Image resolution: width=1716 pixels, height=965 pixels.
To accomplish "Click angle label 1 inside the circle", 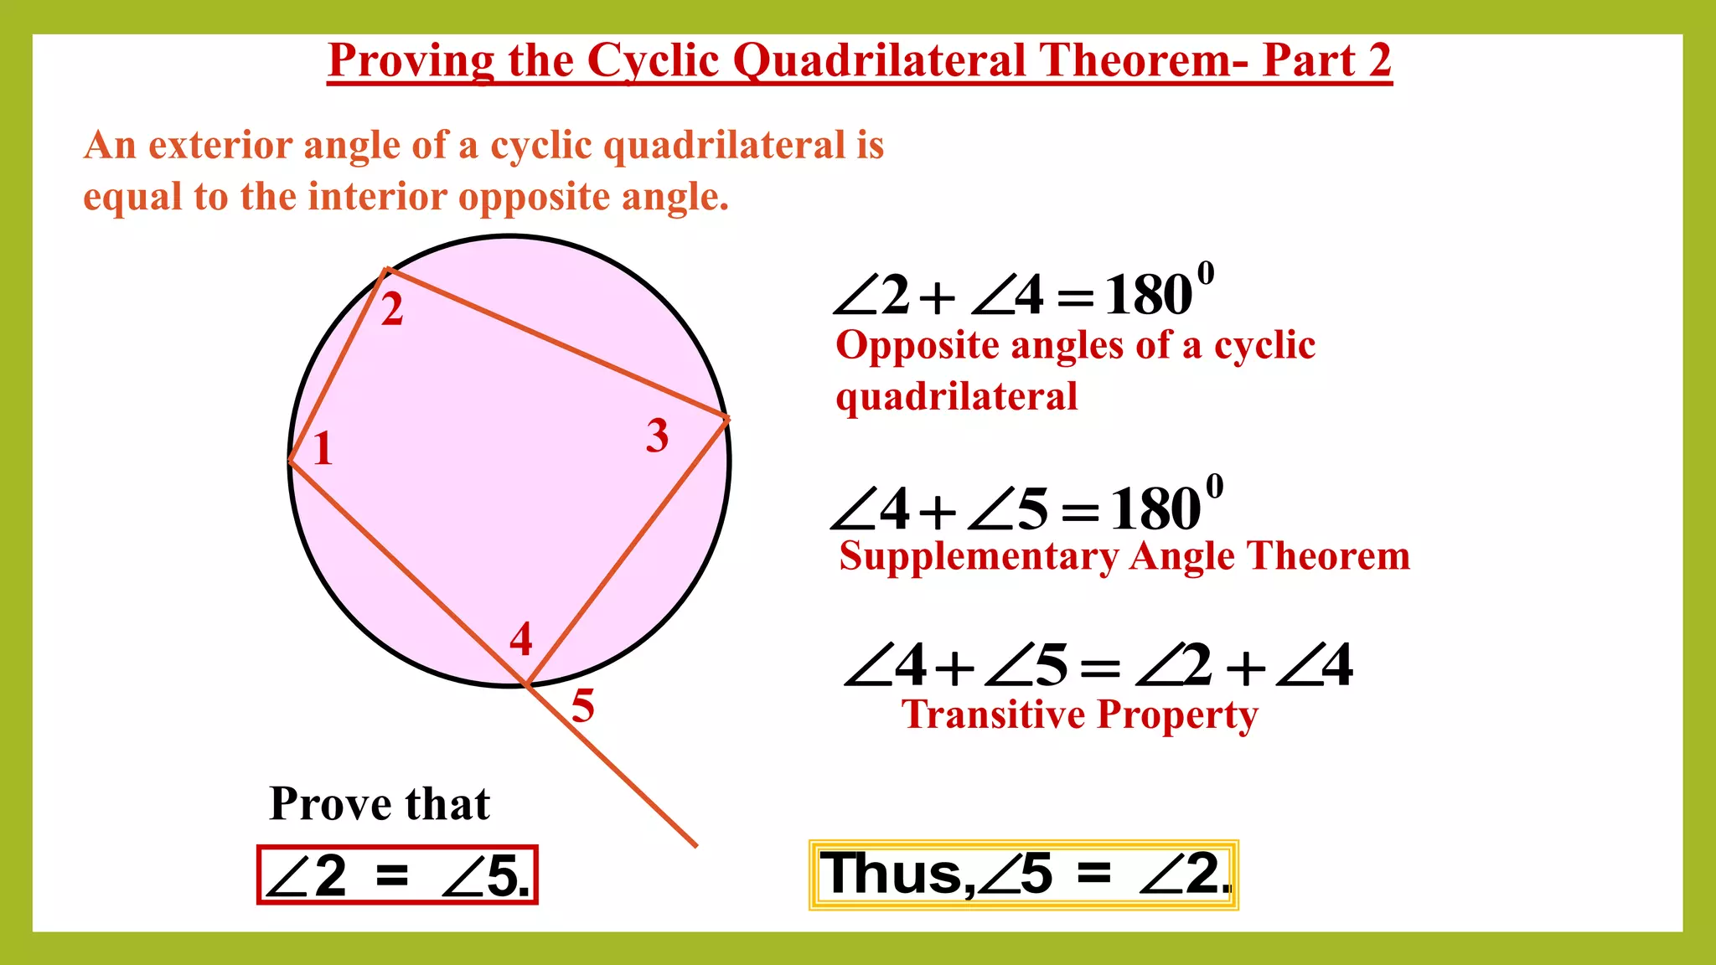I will (x=323, y=449).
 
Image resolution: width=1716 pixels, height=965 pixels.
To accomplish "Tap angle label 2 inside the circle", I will (x=392, y=310).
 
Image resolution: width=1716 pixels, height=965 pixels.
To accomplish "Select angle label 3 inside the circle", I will (x=658, y=436).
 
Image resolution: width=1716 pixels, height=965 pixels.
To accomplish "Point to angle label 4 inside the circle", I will (x=521, y=639).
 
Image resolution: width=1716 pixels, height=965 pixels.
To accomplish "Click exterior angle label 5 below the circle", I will (x=583, y=705).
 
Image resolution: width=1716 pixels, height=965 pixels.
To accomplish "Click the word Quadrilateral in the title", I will (x=879, y=60).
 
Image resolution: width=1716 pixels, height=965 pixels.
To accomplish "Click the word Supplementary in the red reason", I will (x=978, y=557).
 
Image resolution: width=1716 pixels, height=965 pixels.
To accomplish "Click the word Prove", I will (x=330, y=804).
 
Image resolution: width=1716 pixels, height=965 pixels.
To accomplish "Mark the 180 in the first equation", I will (x=1148, y=295).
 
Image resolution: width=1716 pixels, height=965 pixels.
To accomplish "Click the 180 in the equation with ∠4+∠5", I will (x=1155, y=508).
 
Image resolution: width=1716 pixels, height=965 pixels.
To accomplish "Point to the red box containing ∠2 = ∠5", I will (x=397, y=875).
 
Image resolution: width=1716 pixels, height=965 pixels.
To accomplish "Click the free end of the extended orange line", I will (x=695, y=845).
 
